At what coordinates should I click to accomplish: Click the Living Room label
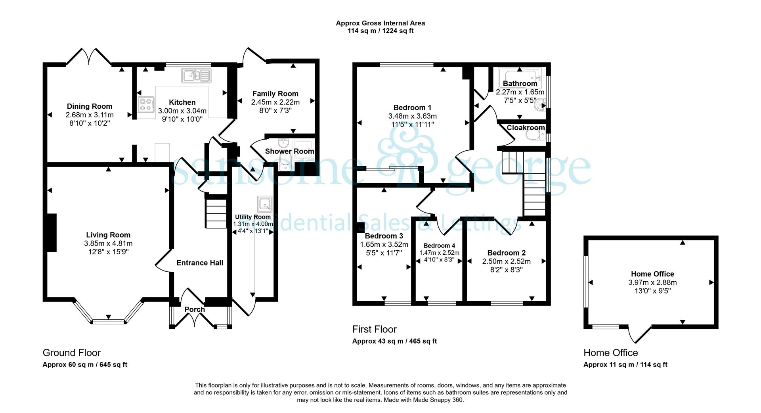[x=108, y=235]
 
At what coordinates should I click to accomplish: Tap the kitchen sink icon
[x=197, y=75]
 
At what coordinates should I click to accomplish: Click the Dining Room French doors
[x=88, y=56]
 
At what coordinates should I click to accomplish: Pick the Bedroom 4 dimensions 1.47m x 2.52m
[x=440, y=253]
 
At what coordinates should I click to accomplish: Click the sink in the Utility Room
[x=264, y=203]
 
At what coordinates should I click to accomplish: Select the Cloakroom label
[x=526, y=128]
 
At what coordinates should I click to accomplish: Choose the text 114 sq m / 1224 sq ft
[x=380, y=31]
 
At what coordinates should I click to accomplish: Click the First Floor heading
[x=374, y=329]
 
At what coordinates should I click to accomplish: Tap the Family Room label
[x=275, y=94]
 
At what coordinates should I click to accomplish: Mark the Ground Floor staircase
[x=216, y=214]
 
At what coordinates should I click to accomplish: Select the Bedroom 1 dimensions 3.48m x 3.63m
[x=412, y=116]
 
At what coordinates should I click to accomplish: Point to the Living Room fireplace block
[x=52, y=232]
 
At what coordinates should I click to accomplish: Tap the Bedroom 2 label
[x=506, y=253]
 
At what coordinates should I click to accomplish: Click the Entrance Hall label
[x=200, y=263]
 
